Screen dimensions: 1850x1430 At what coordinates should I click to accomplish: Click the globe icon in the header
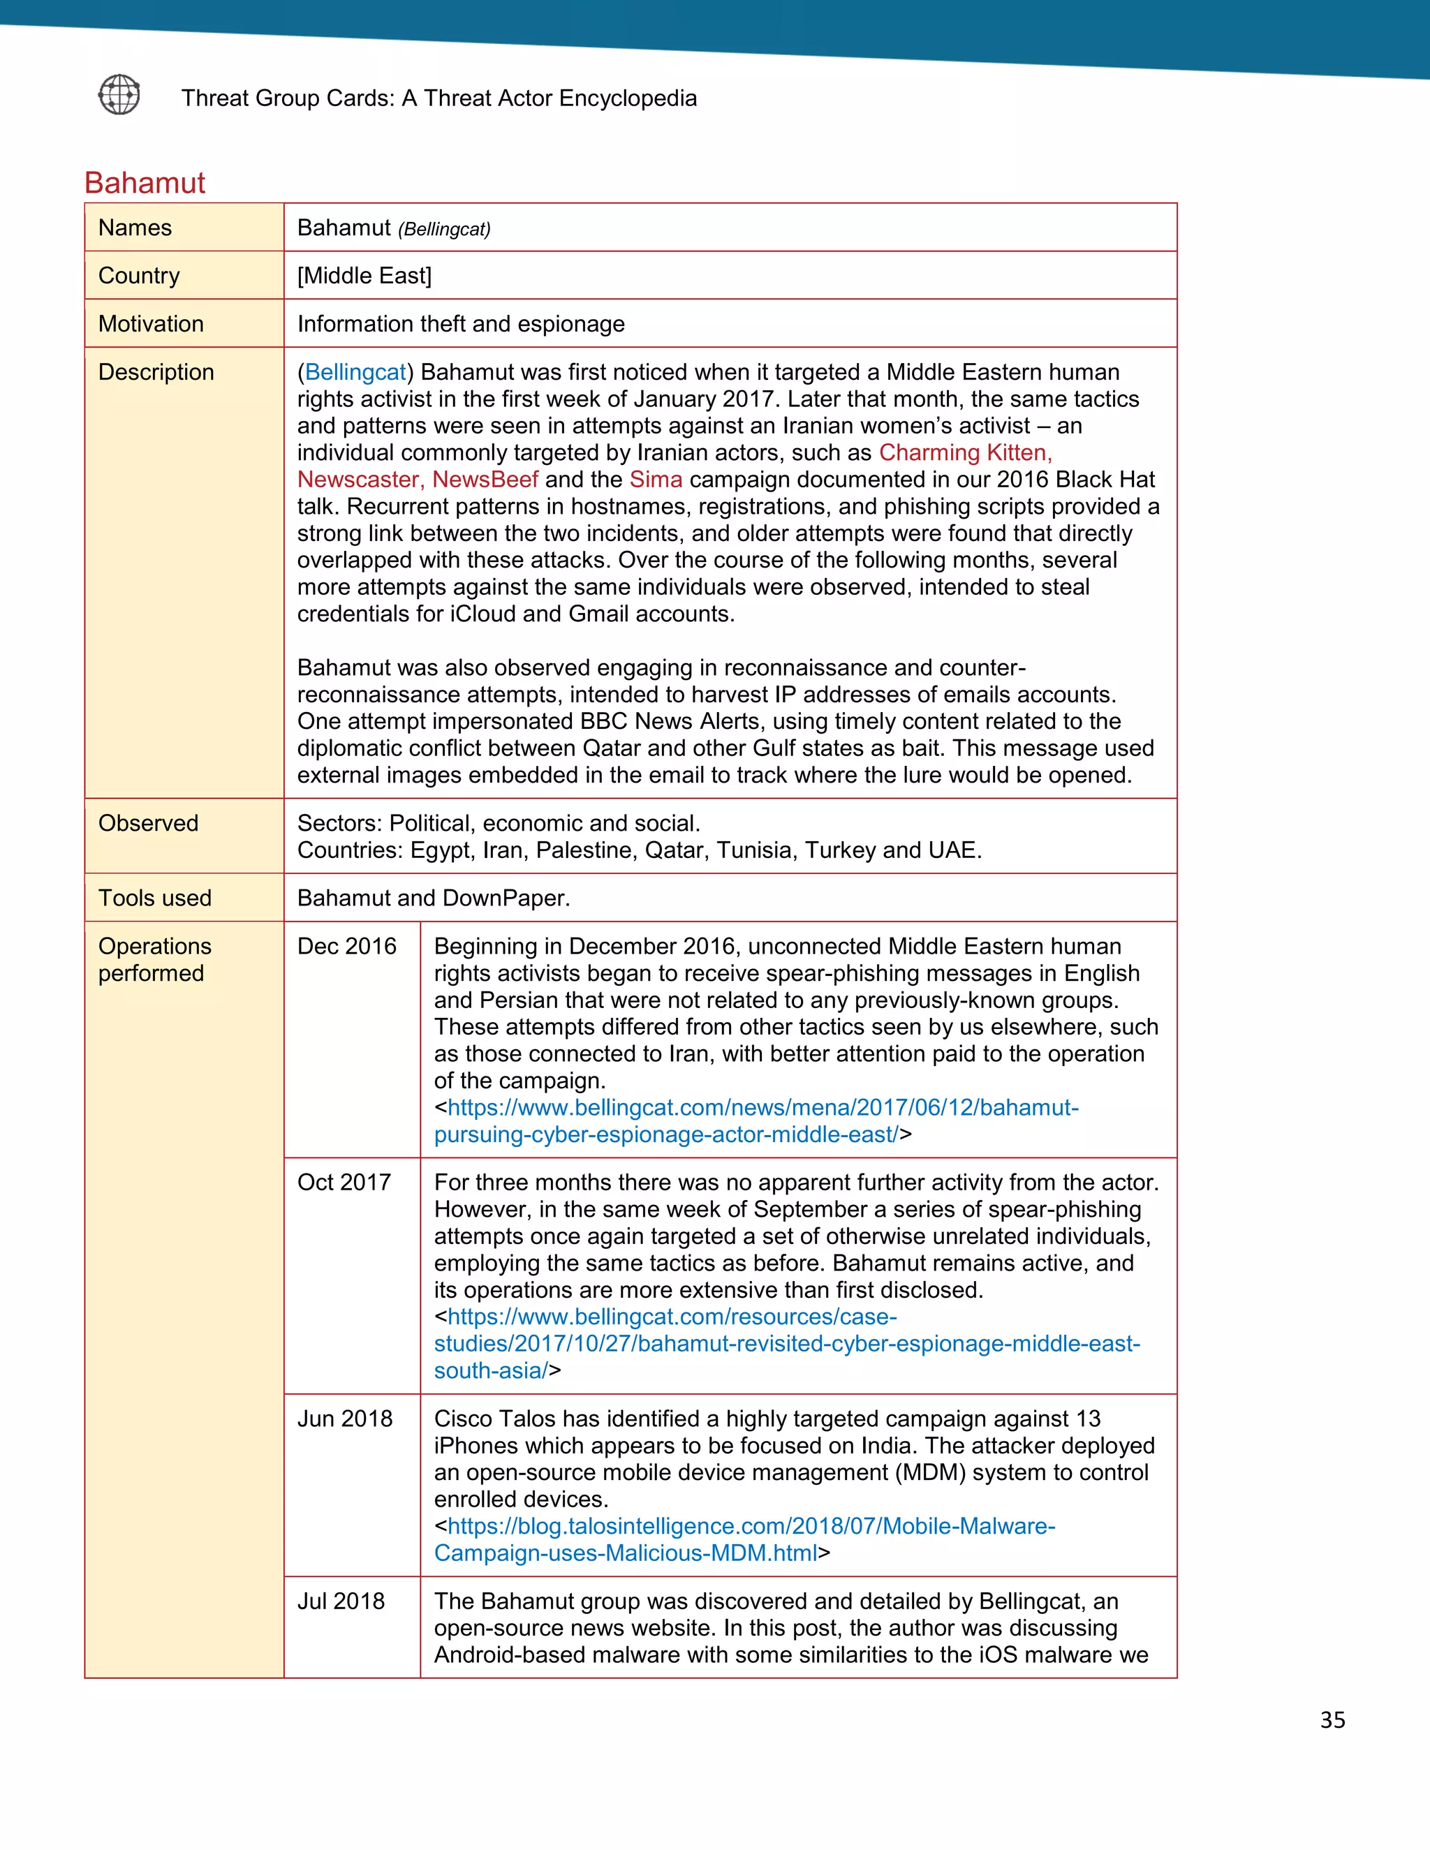[x=119, y=94]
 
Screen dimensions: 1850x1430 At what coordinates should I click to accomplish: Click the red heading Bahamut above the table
[x=145, y=183]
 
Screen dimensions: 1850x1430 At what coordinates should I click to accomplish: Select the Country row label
[x=139, y=275]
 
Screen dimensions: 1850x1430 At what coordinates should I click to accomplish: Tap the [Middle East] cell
[x=364, y=275]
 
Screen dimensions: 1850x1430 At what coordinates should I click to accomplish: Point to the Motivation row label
[x=151, y=324]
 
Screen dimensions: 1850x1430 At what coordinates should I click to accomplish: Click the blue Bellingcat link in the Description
[x=355, y=372]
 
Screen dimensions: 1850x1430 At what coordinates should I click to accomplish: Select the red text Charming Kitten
[x=964, y=452]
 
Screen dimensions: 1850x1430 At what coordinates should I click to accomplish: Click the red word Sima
[x=656, y=480]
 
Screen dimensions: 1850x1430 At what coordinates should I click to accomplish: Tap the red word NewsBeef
[x=485, y=480]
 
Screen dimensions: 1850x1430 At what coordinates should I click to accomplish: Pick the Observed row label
[x=148, y=822]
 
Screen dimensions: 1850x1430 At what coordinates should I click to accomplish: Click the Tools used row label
[x=154, y=898]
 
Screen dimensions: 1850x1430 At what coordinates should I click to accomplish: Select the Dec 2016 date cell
[x=346, y=946]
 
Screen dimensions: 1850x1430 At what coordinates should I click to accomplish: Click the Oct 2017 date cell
[x=344, y=1183]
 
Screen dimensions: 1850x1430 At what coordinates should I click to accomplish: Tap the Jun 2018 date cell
[x=345, y=1419]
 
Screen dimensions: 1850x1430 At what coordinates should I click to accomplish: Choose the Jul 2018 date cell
[x=341, y=1601]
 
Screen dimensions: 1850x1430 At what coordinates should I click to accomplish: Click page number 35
[x=1332, y=1720]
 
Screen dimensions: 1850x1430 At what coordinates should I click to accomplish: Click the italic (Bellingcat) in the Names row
[x=444, y=230]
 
